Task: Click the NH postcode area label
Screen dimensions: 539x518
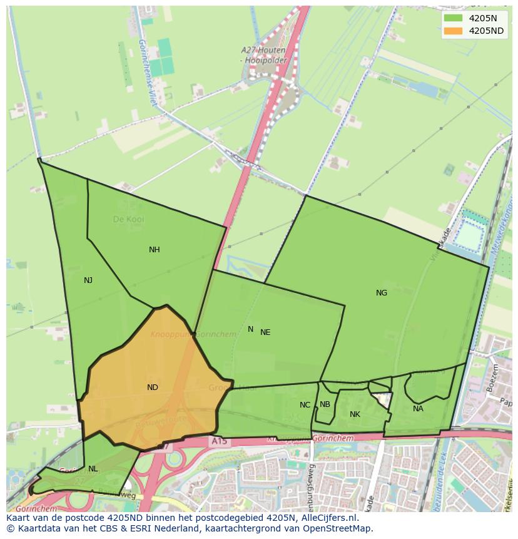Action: (x=154, y=250)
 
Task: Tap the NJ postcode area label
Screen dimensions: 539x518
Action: (x=88, y=280)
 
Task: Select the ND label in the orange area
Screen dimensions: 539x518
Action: (x=152, y=388)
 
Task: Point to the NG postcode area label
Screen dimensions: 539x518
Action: (x=381, y=293)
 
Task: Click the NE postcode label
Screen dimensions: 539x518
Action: (x=265, y=332)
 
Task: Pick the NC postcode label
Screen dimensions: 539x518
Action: (x=305, y=405)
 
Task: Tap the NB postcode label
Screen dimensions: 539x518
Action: (x=325, y=404)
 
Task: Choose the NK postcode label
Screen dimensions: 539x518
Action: (x=355, y=414)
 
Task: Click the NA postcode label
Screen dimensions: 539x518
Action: (x=418, y=409)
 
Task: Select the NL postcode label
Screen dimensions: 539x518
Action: (x=93, y=469)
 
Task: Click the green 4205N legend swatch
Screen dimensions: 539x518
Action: (x=453, y=18)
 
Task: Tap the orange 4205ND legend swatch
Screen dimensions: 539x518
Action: (x=453, y=31)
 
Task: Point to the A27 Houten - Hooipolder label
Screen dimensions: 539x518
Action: (x=263, y=54)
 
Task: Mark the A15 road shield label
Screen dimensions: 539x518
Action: (x=220, y=442)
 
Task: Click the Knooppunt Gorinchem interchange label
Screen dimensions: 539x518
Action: (x=193, y=334)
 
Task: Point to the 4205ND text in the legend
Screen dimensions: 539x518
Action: (x=486, y=31)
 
